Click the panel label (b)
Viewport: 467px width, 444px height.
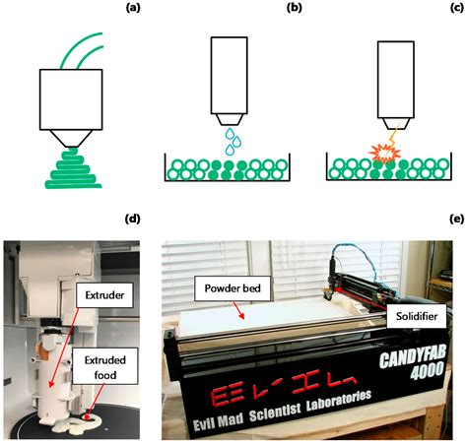point(294,9)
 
